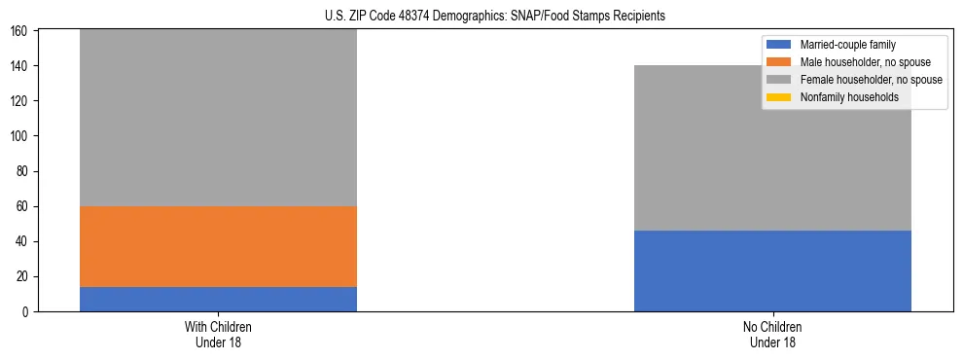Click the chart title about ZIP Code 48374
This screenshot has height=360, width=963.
coord(495,17)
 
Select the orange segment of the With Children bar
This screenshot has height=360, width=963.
coord(218,246)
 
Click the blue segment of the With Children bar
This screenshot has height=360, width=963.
coord(218,299)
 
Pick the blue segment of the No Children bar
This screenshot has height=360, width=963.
coord(772,270)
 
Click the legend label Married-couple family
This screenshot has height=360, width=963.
coord(847,45)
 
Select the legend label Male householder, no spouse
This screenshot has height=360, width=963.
coord(862,62)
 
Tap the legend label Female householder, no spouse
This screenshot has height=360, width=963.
coord(871,80)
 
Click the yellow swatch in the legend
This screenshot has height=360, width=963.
coord(779,97)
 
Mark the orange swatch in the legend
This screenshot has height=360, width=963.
coord(779,62)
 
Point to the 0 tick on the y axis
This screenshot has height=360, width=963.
coord(27,311)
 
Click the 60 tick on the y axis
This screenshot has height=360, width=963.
coord(24,206)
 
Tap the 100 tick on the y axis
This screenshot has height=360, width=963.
coord(21,136)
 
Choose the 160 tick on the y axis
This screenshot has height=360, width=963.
coord(21,31)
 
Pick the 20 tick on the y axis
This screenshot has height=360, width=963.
coord(24,276)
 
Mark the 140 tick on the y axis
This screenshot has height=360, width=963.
coord(21,66)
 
